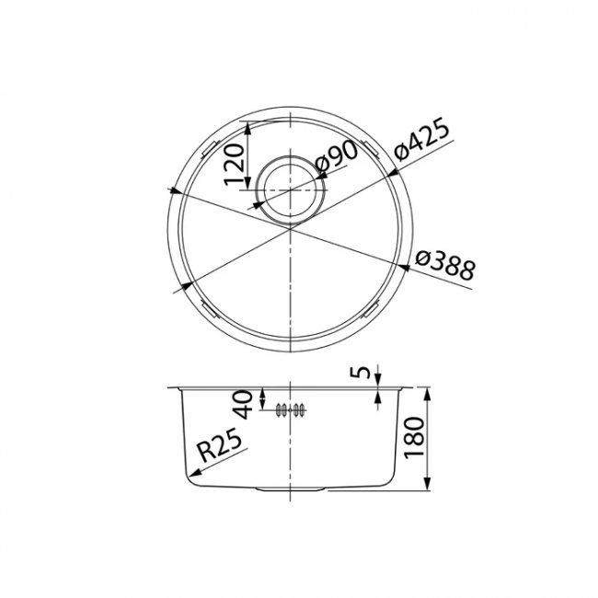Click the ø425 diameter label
click(421, 142)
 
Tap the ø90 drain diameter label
click(337, 156)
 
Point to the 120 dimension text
click(234, 165)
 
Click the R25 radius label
click(220, 444)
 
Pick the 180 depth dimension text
click(414, 438)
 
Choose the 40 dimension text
click(244, 404)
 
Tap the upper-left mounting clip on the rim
click(209, 150)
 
